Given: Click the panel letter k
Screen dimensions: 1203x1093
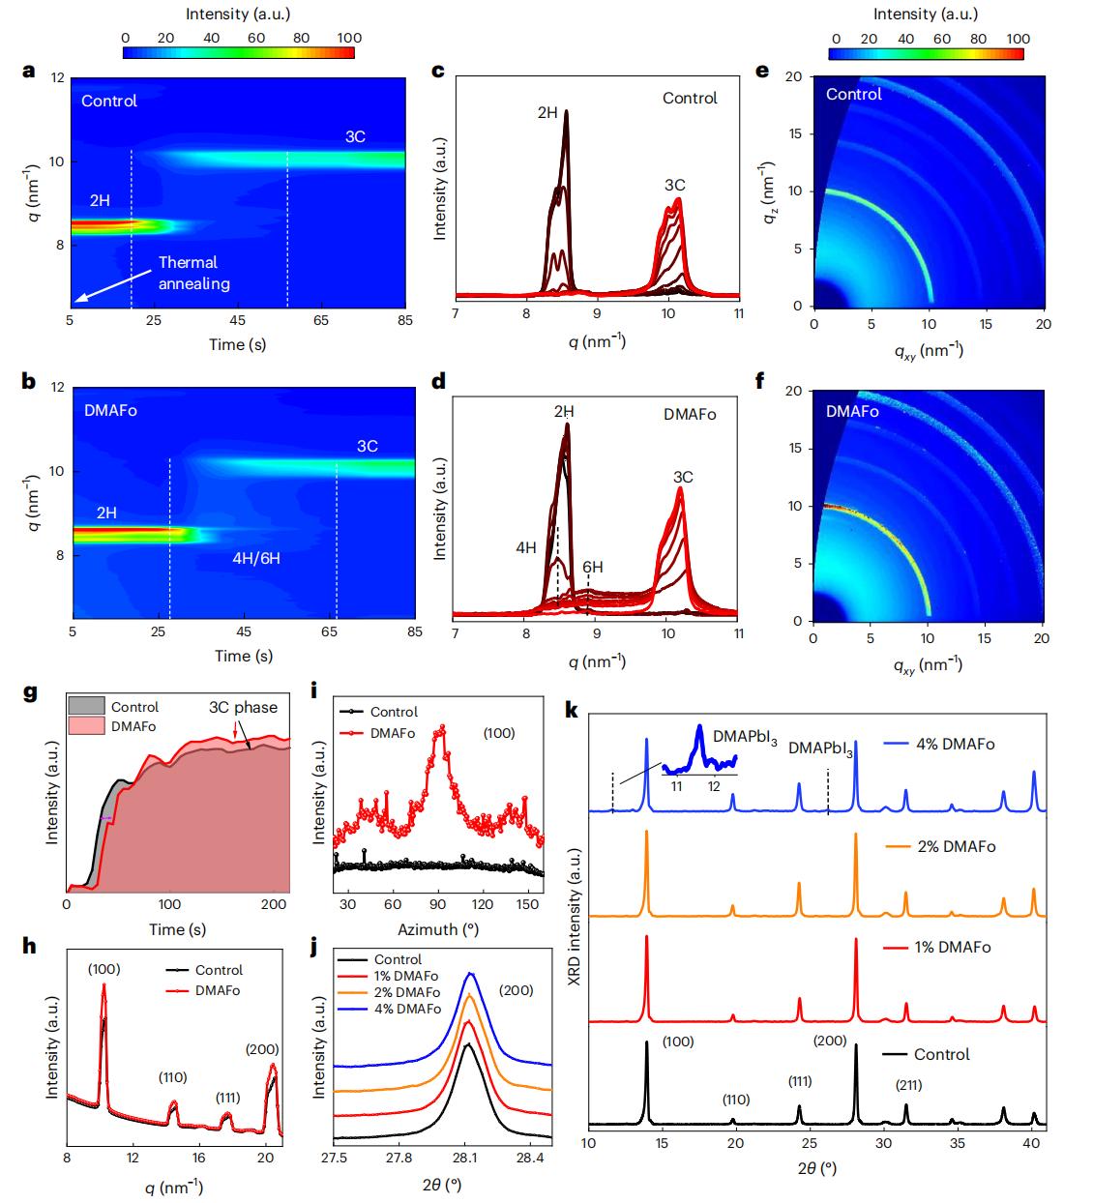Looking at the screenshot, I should [571, 711].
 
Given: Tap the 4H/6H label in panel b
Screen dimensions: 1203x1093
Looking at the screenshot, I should [256, 558].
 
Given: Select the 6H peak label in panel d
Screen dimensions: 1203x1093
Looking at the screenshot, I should [592, 568].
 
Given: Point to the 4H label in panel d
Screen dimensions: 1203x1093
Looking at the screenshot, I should [525, 547].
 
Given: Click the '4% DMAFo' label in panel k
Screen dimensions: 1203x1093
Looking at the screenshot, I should [938, 744].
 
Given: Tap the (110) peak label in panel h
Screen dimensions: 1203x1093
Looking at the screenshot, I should [172, 1077].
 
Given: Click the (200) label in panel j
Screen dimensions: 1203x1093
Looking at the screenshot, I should [516, 990].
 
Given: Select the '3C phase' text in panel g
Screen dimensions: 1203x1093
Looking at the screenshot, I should [243, 707].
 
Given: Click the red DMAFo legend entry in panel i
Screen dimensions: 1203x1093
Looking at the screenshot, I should [393, 733].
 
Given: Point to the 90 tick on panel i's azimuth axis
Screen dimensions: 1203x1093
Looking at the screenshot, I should [438, 903].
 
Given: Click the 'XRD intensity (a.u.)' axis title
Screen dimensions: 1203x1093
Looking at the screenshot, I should [575, 918].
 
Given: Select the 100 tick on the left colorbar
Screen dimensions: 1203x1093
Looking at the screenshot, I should [349, 38].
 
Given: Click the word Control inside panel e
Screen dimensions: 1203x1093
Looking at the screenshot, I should [854, 94].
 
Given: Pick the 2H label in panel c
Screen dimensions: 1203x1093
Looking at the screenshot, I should [547, 112].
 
